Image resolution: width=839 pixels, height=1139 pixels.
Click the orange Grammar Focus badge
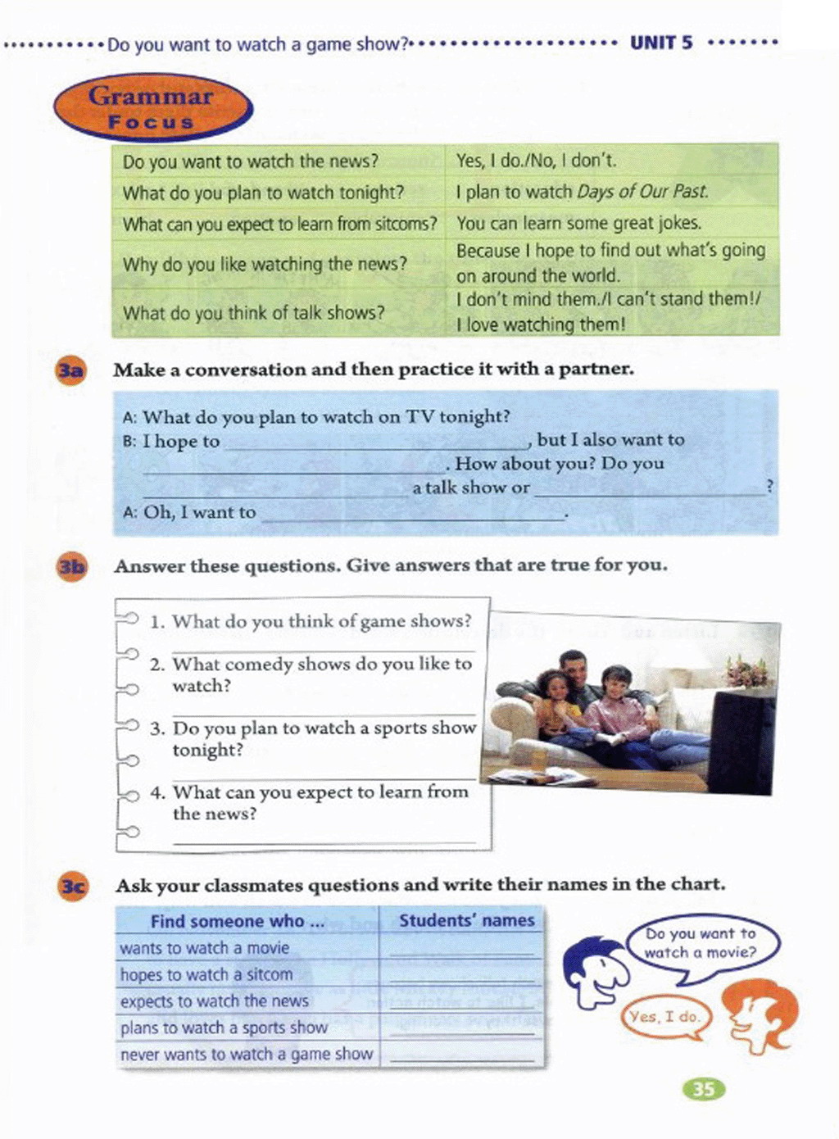[x=153, y=108]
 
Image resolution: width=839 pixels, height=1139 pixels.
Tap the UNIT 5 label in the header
[x=660, y=43]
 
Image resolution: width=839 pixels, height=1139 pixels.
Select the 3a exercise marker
[x=70, y=370]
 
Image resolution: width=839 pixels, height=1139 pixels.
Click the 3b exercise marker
[x=71, y=567]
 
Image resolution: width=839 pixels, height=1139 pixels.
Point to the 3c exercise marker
[x=73, y=887]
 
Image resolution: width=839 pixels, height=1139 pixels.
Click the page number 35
[x=704, y=1089]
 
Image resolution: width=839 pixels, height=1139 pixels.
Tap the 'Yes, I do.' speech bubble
[x=664, y=1017]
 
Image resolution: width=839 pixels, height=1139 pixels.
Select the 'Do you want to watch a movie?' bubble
[x=701, y=943]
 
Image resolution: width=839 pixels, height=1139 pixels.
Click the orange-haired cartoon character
[x=761, y=1016]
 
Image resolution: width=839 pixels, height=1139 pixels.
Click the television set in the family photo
[x=741, y=742]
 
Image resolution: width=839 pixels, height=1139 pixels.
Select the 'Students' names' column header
[x=466, y=920]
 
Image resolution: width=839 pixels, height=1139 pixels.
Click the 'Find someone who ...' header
[x=237, y=921]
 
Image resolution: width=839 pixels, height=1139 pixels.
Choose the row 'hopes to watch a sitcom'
[x=206, y=974]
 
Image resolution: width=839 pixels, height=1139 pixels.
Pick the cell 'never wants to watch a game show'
[x=247, y=1054]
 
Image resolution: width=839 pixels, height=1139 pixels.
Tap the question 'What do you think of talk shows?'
[x=253, y=313]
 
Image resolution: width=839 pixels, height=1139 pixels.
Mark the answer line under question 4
[x=324, y=841]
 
